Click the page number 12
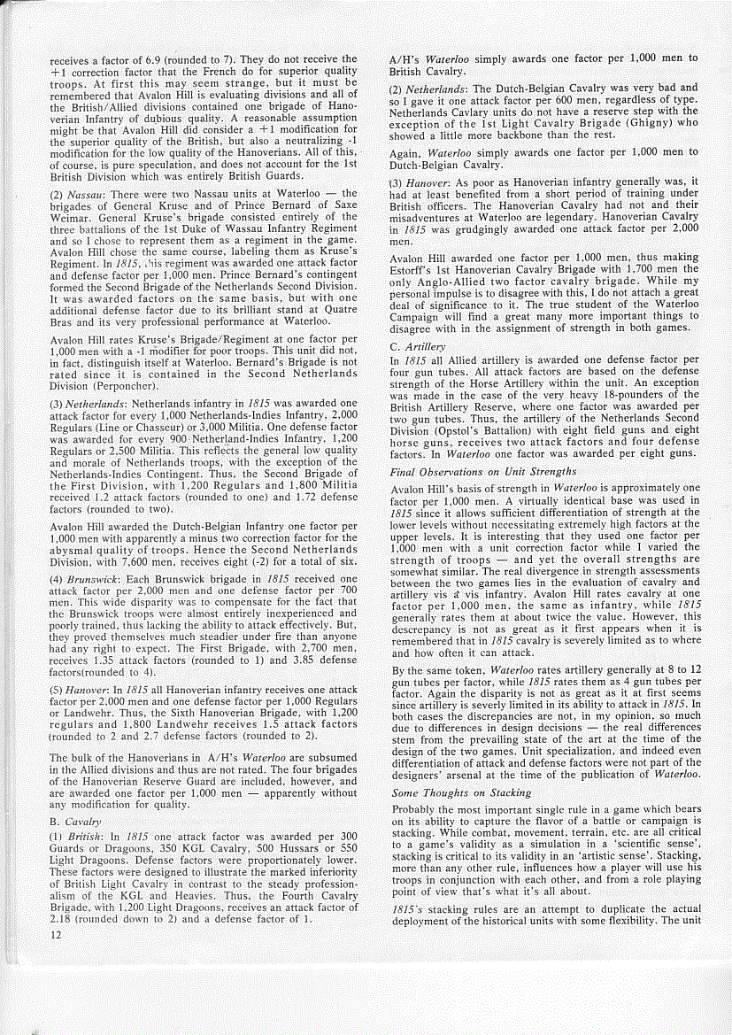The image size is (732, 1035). click(x=55, y=937)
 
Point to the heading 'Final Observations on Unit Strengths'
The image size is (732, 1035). click(x=483, y=472)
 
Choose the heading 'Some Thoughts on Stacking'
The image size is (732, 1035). click(x=462, y=792)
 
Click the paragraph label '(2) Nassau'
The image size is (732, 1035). click(x=78, y=194)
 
